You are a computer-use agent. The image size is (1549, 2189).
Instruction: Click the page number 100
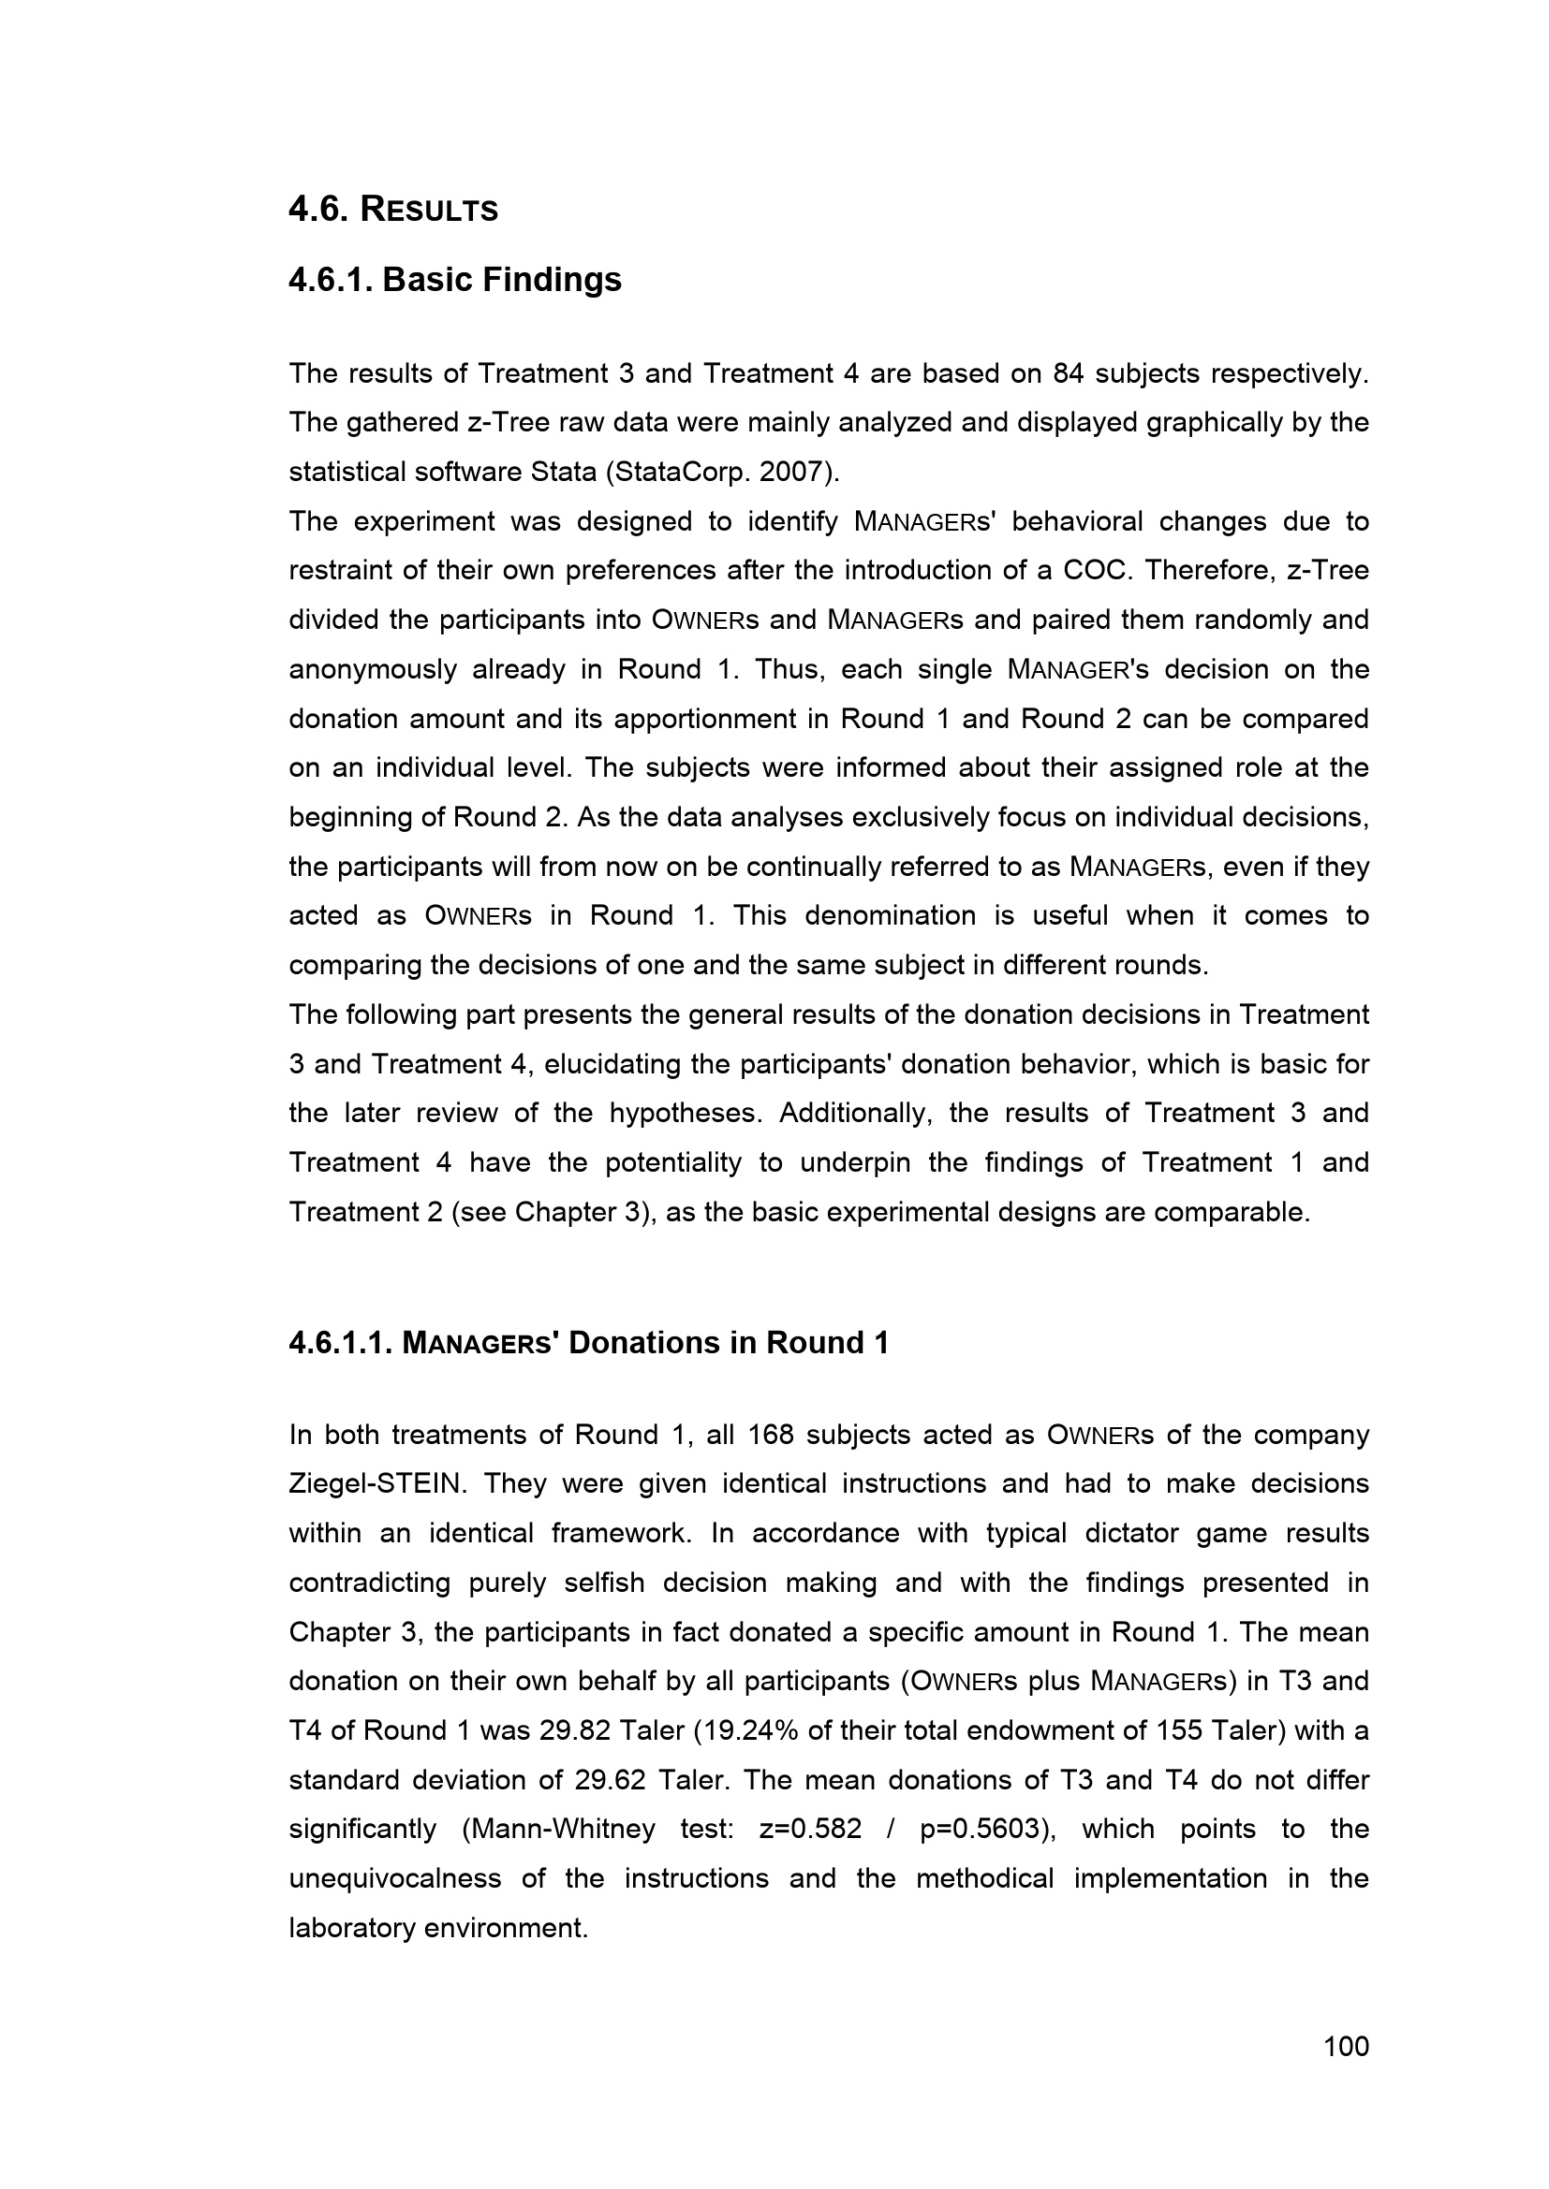tap(1346, 2046)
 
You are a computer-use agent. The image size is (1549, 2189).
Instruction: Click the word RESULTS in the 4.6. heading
tap(429, 210)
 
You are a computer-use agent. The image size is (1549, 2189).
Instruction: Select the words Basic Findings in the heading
tap(502, 279)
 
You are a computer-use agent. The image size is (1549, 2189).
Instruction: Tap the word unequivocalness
tap(395, 1878)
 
